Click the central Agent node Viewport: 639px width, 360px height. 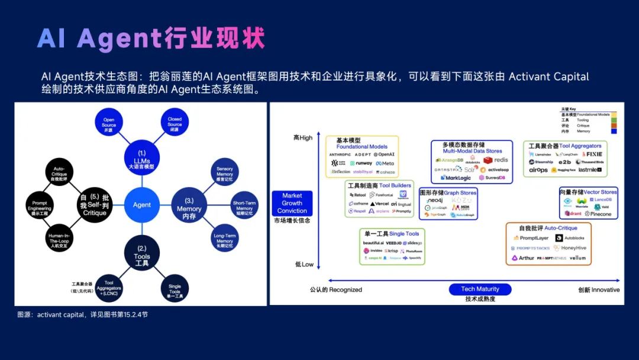click(x=141, y=205)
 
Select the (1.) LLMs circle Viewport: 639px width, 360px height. click(x=141, y=158)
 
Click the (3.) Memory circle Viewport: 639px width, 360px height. click(x=189, y=205)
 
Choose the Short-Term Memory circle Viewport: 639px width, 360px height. click(x=244, y=205)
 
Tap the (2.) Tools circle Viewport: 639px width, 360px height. click(x=141, y=253)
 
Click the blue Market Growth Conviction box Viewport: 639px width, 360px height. click(x=292, y=203)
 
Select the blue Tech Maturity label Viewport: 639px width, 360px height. click(x=480, y=289)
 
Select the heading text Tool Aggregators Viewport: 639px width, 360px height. click(x=580, y=146)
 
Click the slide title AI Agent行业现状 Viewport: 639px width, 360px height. click(x=151, y=38)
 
